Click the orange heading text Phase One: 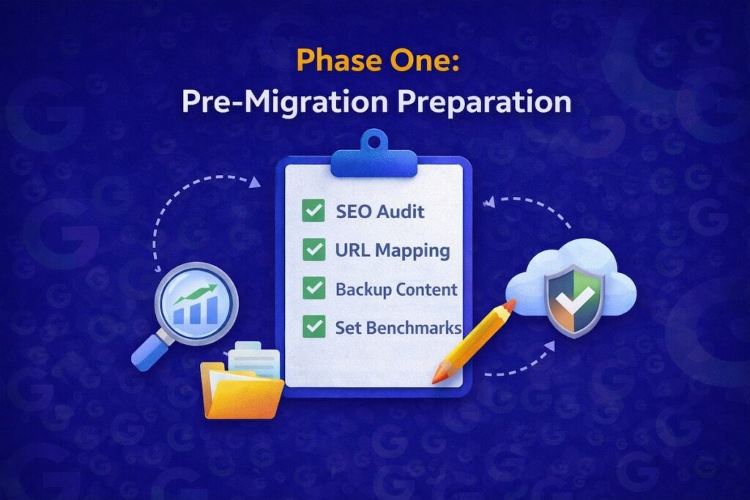tap(374, 62)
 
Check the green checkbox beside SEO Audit tap(313, 212)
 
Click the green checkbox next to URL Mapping tap(313, 250)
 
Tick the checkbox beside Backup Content tap(313, 288)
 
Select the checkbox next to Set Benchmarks tap(313, 327)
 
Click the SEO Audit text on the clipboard tap(380, 212)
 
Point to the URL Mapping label tap(393, 250)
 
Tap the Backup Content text tap(396, 288)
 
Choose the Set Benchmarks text tap(398, 327)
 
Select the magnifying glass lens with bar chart tap(196, 302)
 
